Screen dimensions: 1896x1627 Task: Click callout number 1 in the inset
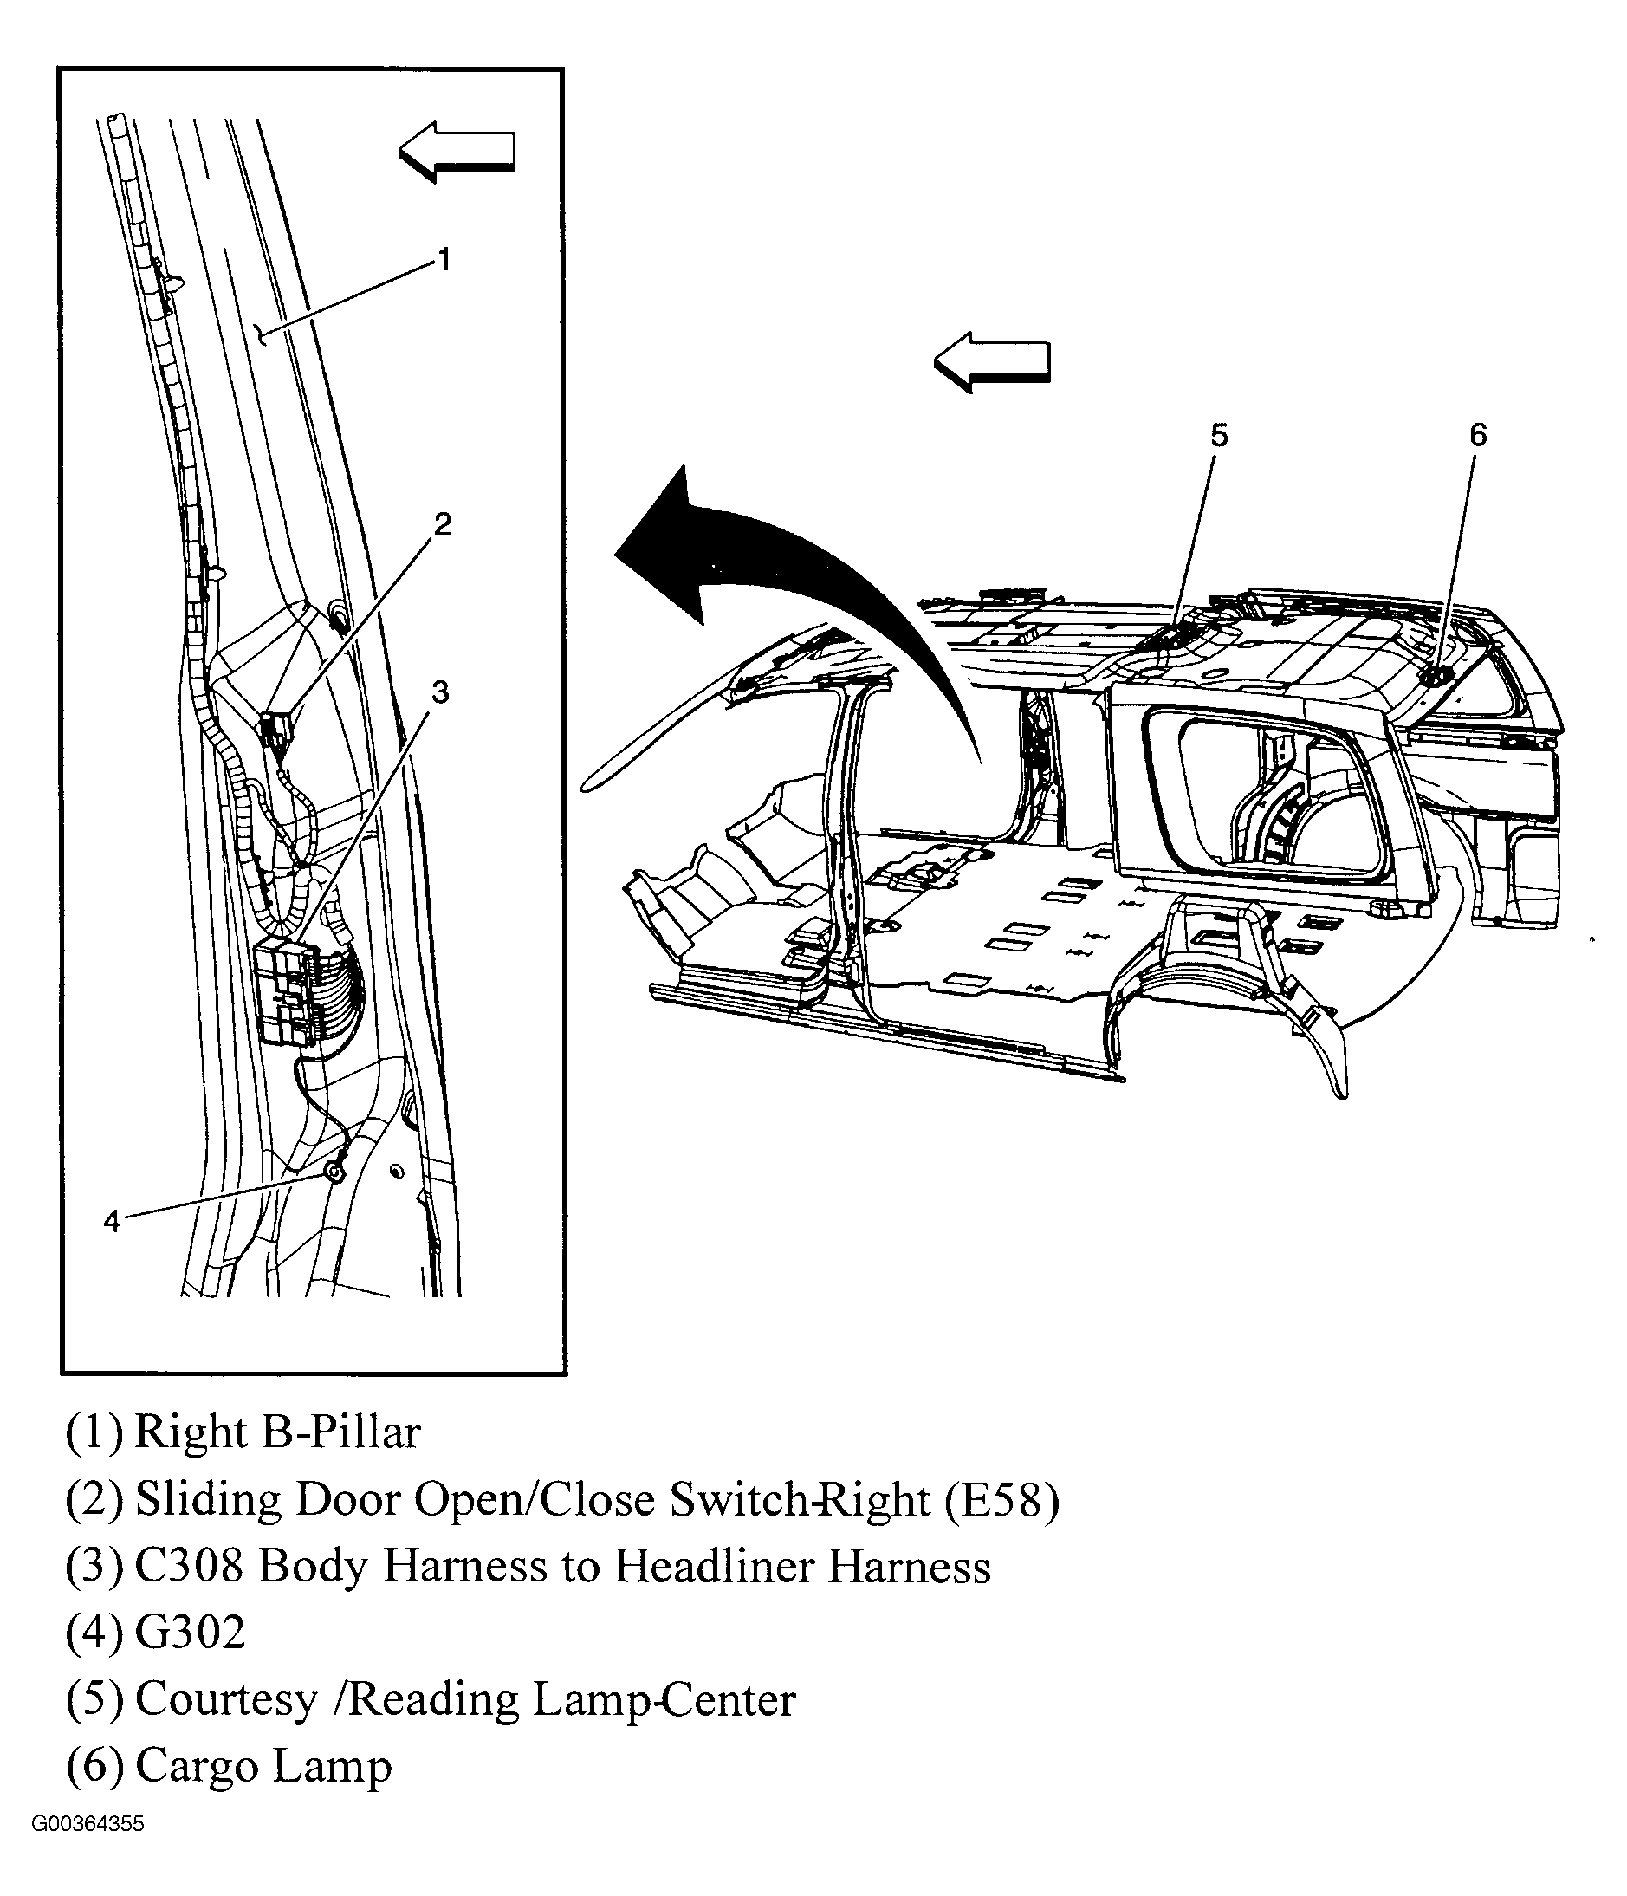pos(444,260)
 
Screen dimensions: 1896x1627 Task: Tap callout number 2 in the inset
pos(442,524)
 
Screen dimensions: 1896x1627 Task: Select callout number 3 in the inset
pos(440,692)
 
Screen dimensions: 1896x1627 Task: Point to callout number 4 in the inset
pos(112,1221)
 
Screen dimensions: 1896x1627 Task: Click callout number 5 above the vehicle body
pos(1219,436)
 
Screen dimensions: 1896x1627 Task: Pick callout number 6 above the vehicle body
pos(1478,435)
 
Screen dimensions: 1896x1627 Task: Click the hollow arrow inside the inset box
pos(457,151)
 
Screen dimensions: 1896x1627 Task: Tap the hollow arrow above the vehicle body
pos(992,362)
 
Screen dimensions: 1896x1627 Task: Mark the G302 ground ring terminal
pos(335,1172)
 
